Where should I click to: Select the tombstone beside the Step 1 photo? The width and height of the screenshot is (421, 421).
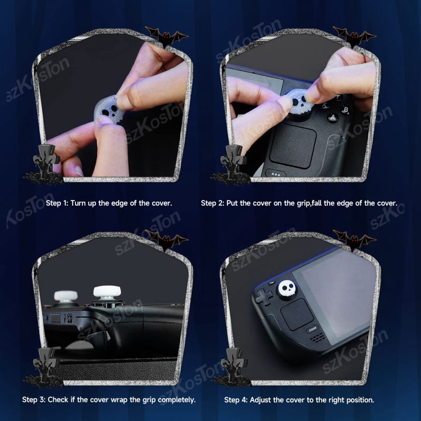tap(44, 164)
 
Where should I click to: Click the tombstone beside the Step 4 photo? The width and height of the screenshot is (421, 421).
tap(232, 367)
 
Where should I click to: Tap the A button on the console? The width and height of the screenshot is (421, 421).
tap(333, 118)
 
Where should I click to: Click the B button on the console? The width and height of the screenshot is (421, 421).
tap(346, 109)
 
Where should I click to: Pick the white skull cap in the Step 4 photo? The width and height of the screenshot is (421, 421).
tap(287, 288)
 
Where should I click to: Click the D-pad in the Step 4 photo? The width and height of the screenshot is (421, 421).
tap(264, 296)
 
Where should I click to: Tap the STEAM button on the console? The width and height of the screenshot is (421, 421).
tap(312, 329)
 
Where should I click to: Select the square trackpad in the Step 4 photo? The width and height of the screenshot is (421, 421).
tap(296, 315)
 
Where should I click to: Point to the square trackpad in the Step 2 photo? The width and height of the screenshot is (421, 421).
tap(293, 146)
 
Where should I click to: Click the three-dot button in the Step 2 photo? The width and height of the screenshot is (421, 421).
tap(275, 174)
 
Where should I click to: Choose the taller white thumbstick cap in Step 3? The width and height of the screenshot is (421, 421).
tap(107, 292)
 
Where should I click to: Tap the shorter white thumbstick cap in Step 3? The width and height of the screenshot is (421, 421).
tap(65, 296)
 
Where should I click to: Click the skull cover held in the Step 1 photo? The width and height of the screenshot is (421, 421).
tap(109, 109)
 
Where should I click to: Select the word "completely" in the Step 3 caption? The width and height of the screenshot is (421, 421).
tap(177, 400)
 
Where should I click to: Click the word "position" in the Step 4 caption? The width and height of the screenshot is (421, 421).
tap(360, 400)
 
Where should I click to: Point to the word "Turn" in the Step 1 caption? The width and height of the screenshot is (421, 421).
tap(78, 203)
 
